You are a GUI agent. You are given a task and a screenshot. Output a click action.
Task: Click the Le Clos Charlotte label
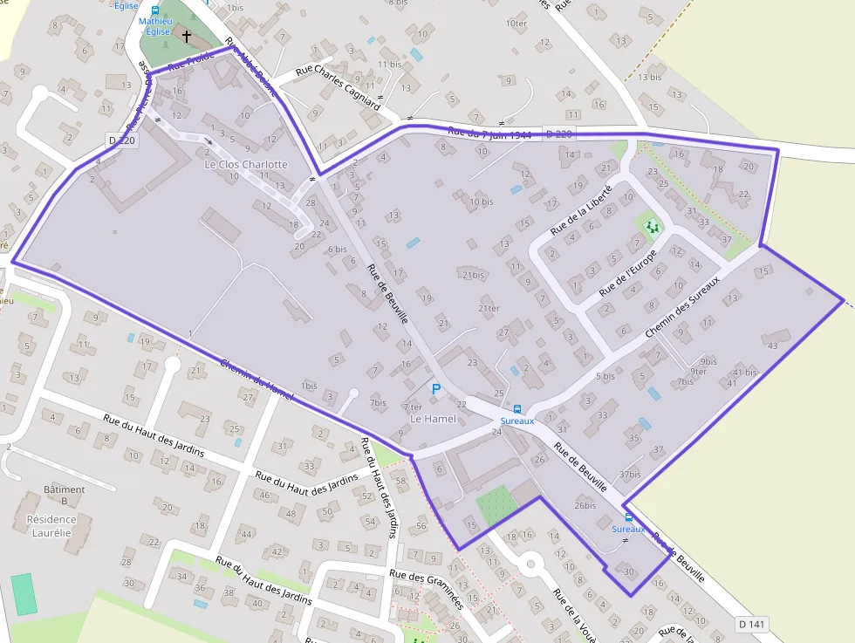(x=245, y=164)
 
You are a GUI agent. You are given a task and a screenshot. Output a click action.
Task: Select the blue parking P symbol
(x=436, y=389)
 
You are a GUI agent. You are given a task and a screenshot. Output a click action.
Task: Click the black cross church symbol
(x=187, y=36)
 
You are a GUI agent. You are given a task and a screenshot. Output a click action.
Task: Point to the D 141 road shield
(x=750, y=624)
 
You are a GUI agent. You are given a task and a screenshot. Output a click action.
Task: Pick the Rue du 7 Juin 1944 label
(x=489, y=133)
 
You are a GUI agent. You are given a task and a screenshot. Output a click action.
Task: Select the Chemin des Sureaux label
(x=682, y=309)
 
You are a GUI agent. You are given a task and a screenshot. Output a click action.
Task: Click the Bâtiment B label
(x=65, y=489)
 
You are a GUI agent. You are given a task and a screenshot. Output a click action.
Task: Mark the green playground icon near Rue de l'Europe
(x=652, y=227)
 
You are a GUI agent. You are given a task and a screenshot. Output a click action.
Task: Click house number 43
(x=772, y=345)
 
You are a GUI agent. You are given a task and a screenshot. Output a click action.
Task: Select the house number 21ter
(x=489, y=308)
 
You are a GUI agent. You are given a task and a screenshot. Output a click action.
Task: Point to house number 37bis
(x=630, y=475)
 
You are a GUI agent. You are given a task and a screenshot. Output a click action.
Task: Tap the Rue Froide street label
(x=189, y=60)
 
